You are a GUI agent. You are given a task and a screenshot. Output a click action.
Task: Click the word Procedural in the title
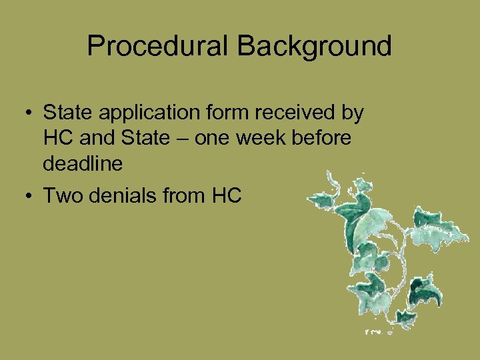(158, 47)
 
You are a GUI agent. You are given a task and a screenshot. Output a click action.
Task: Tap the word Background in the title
(314, 47)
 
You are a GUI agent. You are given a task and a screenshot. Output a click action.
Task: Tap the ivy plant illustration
(387, 253)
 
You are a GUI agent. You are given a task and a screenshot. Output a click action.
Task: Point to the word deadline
(83, 163)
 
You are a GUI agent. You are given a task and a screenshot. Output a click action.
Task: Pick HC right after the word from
(227, 195)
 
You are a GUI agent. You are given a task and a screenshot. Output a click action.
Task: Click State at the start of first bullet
(65, 113)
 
